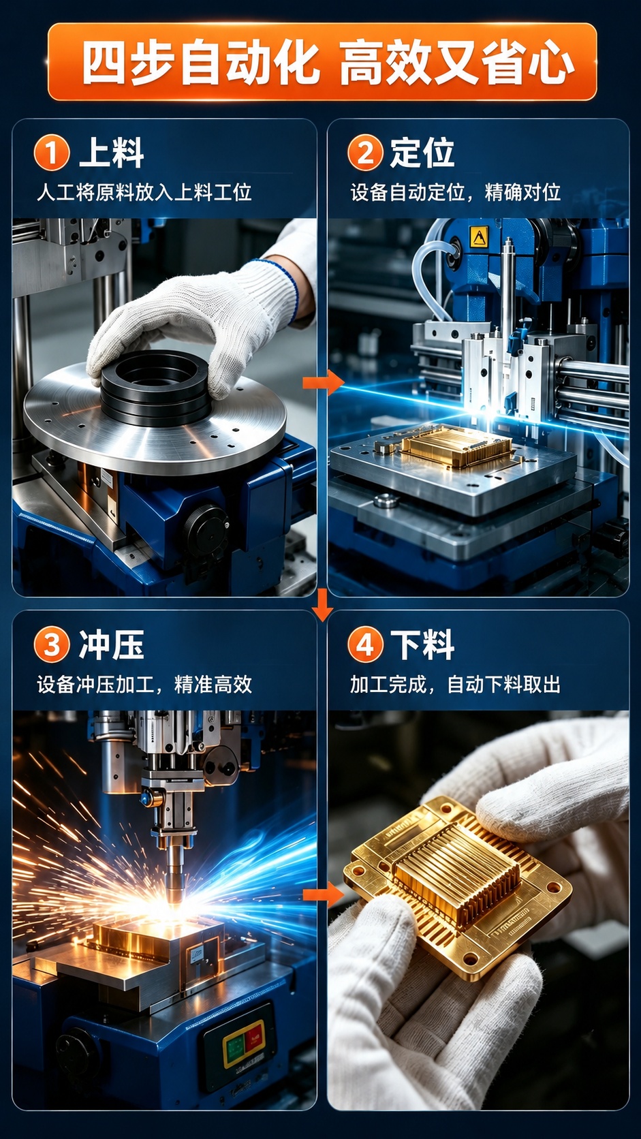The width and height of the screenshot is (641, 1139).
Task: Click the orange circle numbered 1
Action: pyautogui.click(x=51, y=153)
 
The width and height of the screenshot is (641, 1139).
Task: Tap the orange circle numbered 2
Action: pyautogui.click(x=365, y=153)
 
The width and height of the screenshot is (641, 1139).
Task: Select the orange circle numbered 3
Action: pyautogui.click(x=51, y=645)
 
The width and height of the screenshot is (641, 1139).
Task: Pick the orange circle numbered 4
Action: pyautogui.click(x=365, y=645)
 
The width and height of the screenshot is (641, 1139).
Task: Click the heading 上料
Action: pyautogui.click(x=112, y=153)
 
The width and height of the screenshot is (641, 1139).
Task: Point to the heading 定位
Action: pyautogui.click(x=422, y=153)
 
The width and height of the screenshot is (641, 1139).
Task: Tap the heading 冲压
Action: pyautogui.click(x=112, y=644)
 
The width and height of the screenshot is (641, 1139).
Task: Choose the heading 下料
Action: pyautogui.click(x=422, y=644)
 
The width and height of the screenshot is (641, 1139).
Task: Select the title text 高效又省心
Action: pyautogui.click(x=457, y=63)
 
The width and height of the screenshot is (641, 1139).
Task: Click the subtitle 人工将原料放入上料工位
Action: pyautogui.click(x=144, y=193)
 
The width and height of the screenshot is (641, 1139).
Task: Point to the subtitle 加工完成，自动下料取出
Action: pyautogui.click(x=455, y=685)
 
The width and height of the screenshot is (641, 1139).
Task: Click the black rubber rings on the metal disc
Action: pyautogui.click(x=155, y=388)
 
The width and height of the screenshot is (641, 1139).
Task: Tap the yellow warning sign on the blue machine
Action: pyautogui.click(x=478, y=236)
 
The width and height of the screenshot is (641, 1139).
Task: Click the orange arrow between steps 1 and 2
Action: pyautogui.click(x=323, y=382)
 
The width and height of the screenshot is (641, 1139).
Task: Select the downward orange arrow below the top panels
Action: pyautogui.click(x=322, y=605)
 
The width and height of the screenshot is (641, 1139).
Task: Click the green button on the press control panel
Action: pyautogui.click(x=234, y=1048)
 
